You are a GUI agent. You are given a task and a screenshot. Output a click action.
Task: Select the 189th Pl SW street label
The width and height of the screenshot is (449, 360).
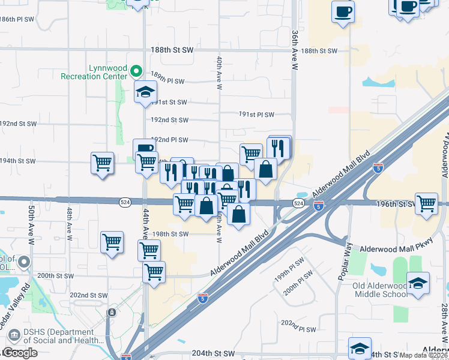tap(167, 80)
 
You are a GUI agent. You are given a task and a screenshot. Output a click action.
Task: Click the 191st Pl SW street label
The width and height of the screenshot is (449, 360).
tap(256, 115)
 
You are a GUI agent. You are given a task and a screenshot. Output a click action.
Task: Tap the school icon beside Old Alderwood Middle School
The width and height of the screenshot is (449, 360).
tap(418, 283)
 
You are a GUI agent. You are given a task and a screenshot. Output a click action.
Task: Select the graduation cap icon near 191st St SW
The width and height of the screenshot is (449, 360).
tap(145, 93)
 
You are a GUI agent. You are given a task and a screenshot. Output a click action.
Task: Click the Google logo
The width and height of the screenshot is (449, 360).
tap(20, 353)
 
